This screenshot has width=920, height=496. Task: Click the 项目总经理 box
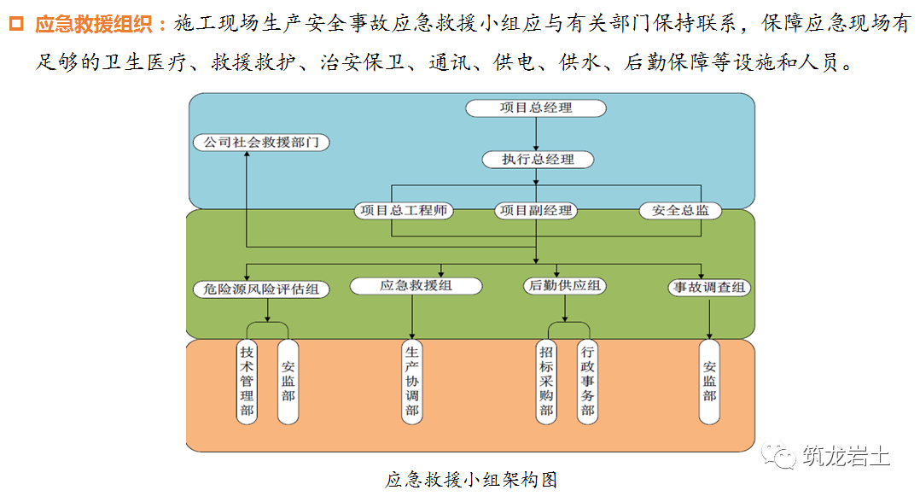(535, 108)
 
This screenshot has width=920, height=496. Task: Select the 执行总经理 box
(537, 160)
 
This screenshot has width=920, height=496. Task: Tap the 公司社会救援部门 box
(261, 143)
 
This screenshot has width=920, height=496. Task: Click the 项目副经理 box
(536, 210)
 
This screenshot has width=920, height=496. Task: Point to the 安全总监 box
(680, 210)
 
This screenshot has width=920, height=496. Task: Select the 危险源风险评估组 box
(261, 289)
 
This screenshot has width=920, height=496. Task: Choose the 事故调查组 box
(708, 288)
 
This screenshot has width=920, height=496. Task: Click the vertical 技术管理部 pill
(247, 380)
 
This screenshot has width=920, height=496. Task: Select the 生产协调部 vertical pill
(412, 380)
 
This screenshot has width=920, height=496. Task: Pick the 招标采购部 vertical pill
(546, 380)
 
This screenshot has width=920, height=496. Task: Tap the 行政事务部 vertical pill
(587, 380)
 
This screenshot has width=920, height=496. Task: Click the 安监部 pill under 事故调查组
(710, 380)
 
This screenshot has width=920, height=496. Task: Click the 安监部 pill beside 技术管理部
(288, 380)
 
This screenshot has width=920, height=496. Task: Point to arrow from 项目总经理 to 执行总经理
(536, 134)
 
